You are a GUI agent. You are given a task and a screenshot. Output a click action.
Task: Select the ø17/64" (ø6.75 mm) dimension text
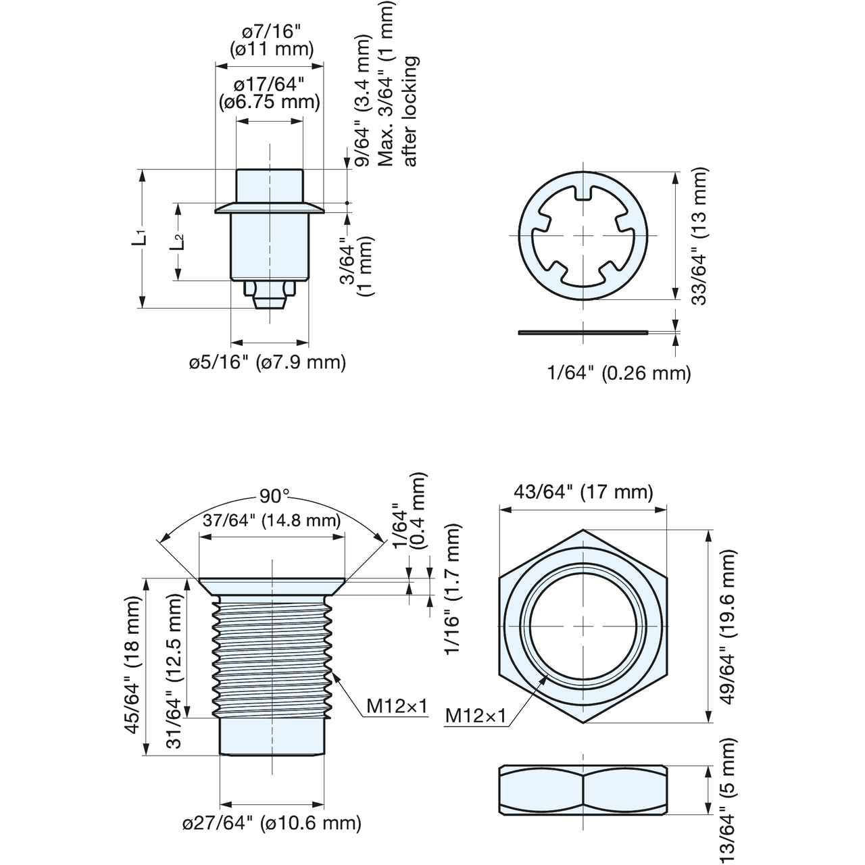click(269, 93)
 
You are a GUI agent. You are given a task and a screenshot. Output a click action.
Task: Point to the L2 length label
click(177, 242)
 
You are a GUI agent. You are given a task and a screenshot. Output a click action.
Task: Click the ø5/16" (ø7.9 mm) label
click(268, 362)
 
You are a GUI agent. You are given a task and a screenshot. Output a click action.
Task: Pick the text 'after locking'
click(410, 111)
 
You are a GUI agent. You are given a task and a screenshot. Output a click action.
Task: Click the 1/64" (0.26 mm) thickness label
click(619, 372)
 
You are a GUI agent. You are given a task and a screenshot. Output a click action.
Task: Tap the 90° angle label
click(274, 496)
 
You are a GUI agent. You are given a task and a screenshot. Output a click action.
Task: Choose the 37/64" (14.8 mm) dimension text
click(272, 520)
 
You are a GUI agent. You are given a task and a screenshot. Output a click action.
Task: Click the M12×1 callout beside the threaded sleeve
click(397, 706)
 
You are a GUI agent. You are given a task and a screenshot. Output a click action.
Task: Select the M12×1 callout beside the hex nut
click(475, 716)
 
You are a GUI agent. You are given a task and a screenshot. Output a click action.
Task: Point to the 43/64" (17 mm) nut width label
click(583, 491)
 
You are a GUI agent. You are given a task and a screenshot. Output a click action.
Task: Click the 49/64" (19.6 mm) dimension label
click(727, 626)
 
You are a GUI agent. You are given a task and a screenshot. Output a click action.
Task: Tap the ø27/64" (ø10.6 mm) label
click(272, 822)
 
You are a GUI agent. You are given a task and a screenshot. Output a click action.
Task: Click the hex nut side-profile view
click(583, 792)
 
